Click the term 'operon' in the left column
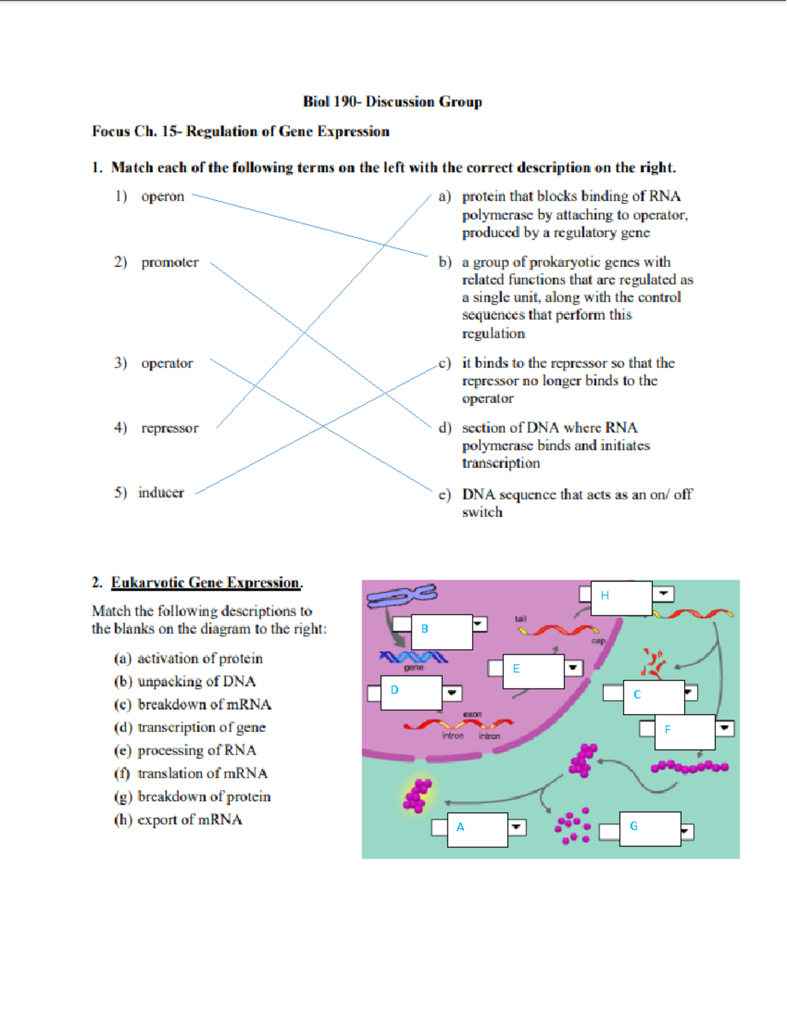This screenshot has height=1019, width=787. tap(162, 196)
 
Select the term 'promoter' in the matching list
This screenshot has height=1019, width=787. tap(169, 262)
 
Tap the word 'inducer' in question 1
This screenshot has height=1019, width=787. tap(161, 493)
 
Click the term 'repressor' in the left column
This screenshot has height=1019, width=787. tap(169, 428)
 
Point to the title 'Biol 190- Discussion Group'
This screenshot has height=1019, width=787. tap(392, 102)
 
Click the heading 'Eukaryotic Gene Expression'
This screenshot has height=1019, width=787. tap(206, 583)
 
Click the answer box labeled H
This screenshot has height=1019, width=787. tap(620, 597)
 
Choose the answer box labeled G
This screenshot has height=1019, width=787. tap(649, 828)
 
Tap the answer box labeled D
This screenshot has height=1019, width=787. tap(411, 692)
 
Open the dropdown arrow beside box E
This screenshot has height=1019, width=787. tap(573, 668)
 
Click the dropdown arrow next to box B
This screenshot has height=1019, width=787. tap(479, 623)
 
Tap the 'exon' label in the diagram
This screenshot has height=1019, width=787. tap(472, 714)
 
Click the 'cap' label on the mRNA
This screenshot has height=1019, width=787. tap(598, 641)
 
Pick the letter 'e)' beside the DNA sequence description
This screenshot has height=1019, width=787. tap(445, 495)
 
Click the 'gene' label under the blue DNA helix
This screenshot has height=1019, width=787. tap(413, 667)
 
